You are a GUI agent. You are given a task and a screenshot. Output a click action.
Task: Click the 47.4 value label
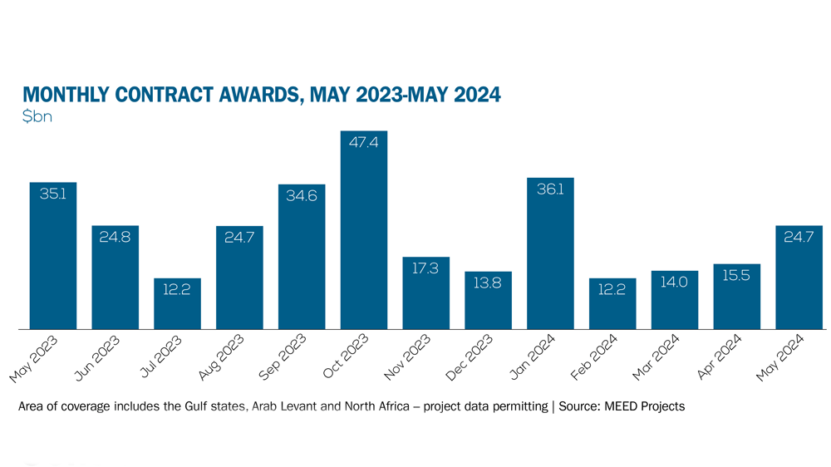pos(364,143)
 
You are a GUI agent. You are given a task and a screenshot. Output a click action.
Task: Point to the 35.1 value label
pos(53,194)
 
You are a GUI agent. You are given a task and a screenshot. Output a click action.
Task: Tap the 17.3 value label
pos(425,269)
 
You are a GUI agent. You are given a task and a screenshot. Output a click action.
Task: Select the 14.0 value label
pos(674,283)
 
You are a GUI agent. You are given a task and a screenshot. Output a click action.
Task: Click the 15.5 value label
pos(736,276)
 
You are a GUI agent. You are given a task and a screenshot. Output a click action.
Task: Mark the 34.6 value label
pos(302,196)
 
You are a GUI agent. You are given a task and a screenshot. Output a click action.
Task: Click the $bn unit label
pos(37,117)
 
